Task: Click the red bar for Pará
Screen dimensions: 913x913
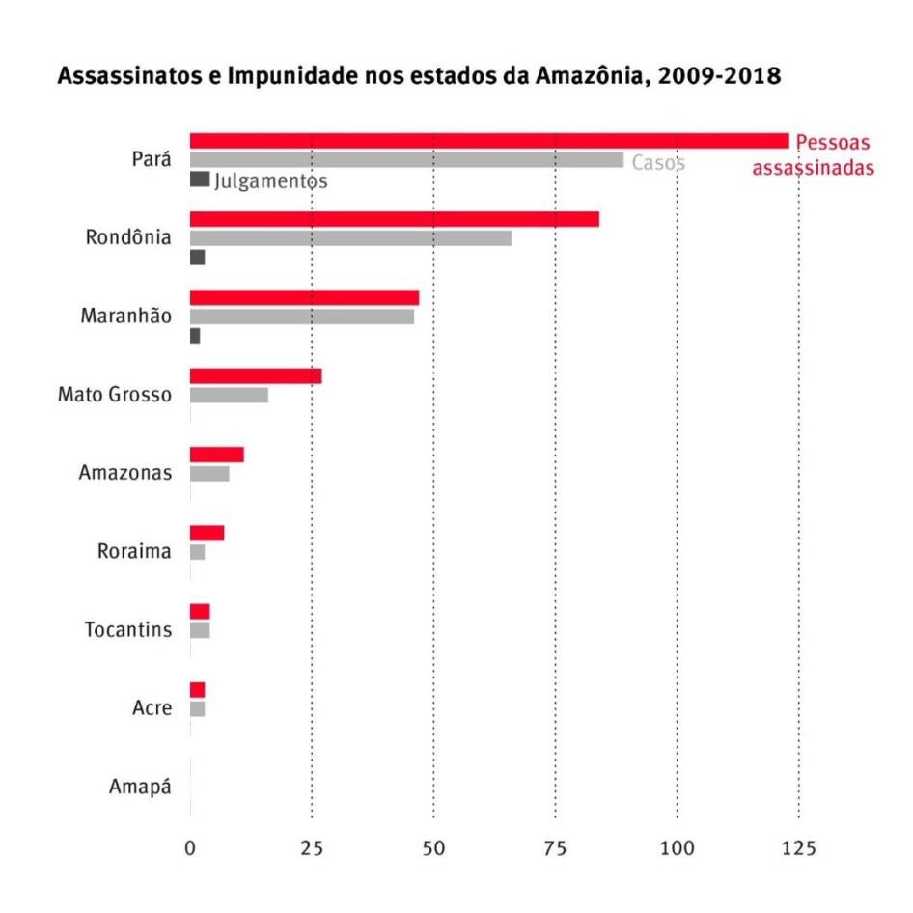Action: pos(488,141)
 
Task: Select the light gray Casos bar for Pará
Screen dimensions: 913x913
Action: pos(406,160)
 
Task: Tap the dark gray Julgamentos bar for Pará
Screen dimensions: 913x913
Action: pos(200,180)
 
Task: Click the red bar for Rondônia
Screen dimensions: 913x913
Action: pos(394,219)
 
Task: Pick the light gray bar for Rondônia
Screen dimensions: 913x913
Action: pos(350,238)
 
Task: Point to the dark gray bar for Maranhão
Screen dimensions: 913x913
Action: pos(195,336)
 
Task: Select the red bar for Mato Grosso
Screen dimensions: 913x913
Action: pos(256,375)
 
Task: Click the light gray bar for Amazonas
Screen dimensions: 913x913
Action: pos(209,474)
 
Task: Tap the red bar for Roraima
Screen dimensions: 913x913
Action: pos(207,533)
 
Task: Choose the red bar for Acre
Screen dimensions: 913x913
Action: pos(197,689)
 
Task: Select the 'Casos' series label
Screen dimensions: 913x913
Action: pos(658,163)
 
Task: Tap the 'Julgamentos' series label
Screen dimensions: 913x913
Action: pos(271,180)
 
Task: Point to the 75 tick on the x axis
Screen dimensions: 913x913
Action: pos(555,848)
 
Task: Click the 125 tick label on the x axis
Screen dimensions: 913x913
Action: pos(798,848)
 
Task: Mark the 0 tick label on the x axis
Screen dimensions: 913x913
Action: pos(190,848)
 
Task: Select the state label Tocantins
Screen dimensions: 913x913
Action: pos(128,630)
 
